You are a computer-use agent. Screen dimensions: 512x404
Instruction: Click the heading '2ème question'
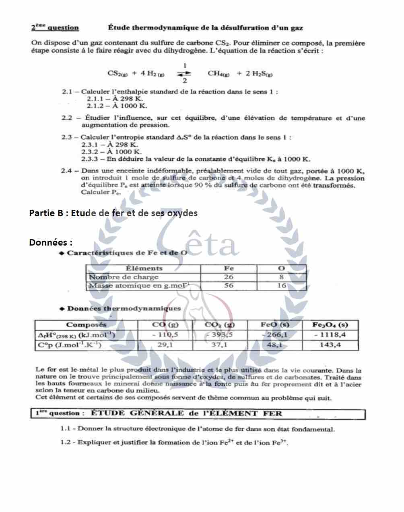(55, 28)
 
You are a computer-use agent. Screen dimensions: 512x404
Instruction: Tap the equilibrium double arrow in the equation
(184, 73)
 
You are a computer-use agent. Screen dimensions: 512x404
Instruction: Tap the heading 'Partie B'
(46, 213)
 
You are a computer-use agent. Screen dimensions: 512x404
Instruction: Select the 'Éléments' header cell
(144, 268)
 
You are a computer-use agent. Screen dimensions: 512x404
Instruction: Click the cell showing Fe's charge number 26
(229, 277)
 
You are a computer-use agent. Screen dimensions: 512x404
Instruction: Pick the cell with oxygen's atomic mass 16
(281, 286)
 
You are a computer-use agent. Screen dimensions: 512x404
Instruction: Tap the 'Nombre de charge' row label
(124, 277)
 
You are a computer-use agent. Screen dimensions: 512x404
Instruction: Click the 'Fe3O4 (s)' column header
(330, 325)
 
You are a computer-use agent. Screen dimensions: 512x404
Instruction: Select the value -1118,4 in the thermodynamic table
(330, 335)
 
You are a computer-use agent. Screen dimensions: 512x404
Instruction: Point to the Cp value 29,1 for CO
(165, 345)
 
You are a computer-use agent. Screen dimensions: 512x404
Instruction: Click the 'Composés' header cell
(86, 325)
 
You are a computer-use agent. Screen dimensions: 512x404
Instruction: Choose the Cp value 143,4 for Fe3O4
(330, 345)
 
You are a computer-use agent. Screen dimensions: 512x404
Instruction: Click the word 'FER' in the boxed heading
(272, 413)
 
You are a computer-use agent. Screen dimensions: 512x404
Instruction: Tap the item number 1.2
(66, 442)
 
